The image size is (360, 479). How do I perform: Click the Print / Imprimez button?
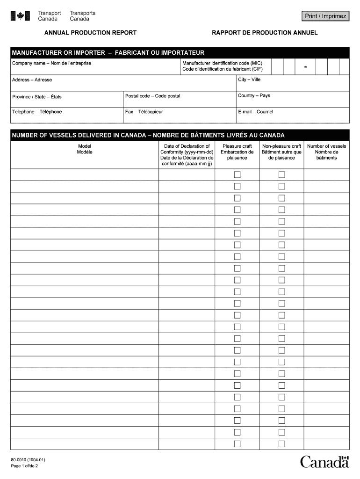pos(325,16)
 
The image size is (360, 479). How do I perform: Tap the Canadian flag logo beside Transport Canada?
pos(20,16)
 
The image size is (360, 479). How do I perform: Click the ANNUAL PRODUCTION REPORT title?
pos(90,33)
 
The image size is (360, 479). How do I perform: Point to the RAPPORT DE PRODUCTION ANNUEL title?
pos(265,33)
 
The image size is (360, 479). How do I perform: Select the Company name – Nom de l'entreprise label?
pos(51,63)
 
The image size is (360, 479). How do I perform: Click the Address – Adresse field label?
pos(32,80)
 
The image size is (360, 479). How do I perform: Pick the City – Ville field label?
pos(249,80)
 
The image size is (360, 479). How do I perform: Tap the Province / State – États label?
pos(36,97)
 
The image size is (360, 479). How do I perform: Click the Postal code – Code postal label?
pos(152,96)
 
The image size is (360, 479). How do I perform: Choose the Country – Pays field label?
pos(254,96)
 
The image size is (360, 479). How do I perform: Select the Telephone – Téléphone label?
pos(37,112)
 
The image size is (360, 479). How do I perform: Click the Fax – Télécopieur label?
pos(144,112)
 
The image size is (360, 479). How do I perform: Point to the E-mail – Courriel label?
pos(255,112)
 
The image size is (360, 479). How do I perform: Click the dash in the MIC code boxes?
pos(305,67)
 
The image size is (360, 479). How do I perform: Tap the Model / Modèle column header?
pos(85,149)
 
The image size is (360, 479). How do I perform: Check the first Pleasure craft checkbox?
pos(237,174)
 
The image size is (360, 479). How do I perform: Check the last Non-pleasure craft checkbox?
pos(281,443)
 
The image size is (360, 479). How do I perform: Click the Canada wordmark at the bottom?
pos(324,462)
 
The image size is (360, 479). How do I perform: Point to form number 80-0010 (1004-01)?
pos(28,460)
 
